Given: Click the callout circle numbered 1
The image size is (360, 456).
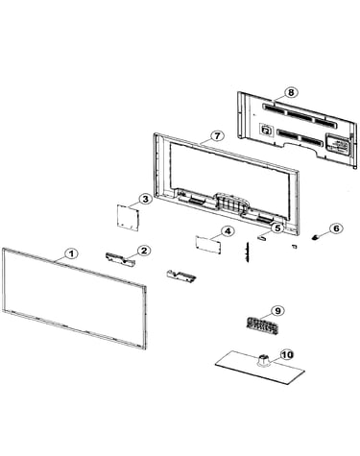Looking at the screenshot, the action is coord(71,253).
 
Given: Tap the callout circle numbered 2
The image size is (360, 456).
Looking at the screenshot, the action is coord(144,251).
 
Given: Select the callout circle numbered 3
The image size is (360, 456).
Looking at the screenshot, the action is coord(145,199).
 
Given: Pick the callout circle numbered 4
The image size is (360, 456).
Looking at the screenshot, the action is coord(228,231).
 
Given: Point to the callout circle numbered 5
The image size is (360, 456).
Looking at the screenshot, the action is coord(277,228).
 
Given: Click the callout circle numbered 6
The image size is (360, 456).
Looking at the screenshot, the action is coord(336,228).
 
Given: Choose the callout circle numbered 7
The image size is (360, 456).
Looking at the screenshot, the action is coord(217,135).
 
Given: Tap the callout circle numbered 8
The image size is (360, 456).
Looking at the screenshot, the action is coord(291,92).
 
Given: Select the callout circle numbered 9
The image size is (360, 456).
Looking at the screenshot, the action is coord(277,310).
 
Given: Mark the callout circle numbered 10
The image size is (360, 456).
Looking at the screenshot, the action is coord(287,354).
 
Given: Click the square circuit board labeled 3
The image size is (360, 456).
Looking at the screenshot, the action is coord(128,217).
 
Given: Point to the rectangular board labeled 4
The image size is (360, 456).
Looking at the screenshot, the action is coord(208,245).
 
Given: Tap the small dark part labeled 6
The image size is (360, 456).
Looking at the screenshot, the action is coord(316,237).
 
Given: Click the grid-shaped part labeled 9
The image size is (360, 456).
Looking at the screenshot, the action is coord(261,326).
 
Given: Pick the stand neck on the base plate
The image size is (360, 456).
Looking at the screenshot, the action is coord(263,360).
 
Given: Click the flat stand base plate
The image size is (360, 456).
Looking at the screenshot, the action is coord(259,368).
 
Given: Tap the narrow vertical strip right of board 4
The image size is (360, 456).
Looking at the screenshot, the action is coord(247,252).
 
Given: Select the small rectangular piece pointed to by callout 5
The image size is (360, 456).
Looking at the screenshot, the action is coord(262,237).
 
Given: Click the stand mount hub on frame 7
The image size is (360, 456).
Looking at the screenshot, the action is coord(232,204).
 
